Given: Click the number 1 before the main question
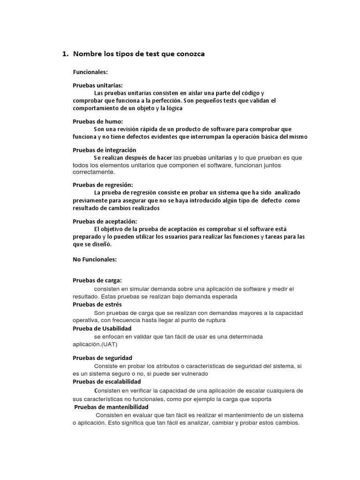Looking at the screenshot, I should tap(65, 54).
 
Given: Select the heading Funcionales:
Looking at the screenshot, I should tap(90, 72).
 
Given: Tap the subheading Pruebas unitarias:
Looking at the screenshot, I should tap(97, 85).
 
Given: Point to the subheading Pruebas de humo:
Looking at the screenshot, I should tap(97, 121).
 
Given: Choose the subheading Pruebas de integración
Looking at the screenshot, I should tap(104, 150).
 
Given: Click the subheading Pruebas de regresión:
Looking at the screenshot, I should tap(103, 185).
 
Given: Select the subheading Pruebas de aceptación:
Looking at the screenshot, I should tap(105, 221).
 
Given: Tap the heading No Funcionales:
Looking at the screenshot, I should tap(94, 259).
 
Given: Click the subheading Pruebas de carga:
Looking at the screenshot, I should tap(97, 280).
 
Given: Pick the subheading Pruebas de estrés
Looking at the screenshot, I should tap(97, 304).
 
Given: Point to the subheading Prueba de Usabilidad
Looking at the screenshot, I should tap(102, 328).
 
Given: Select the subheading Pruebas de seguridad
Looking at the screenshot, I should tap(102, 358).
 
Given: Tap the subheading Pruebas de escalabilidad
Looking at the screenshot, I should tap(106, 382).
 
